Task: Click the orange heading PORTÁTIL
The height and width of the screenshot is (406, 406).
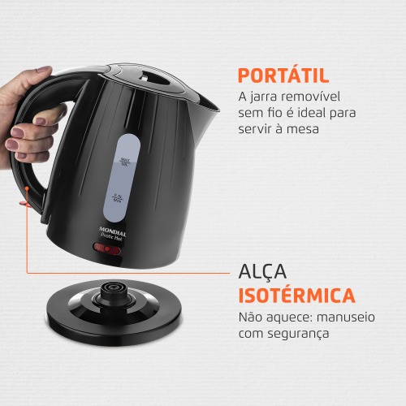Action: (283, 76)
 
